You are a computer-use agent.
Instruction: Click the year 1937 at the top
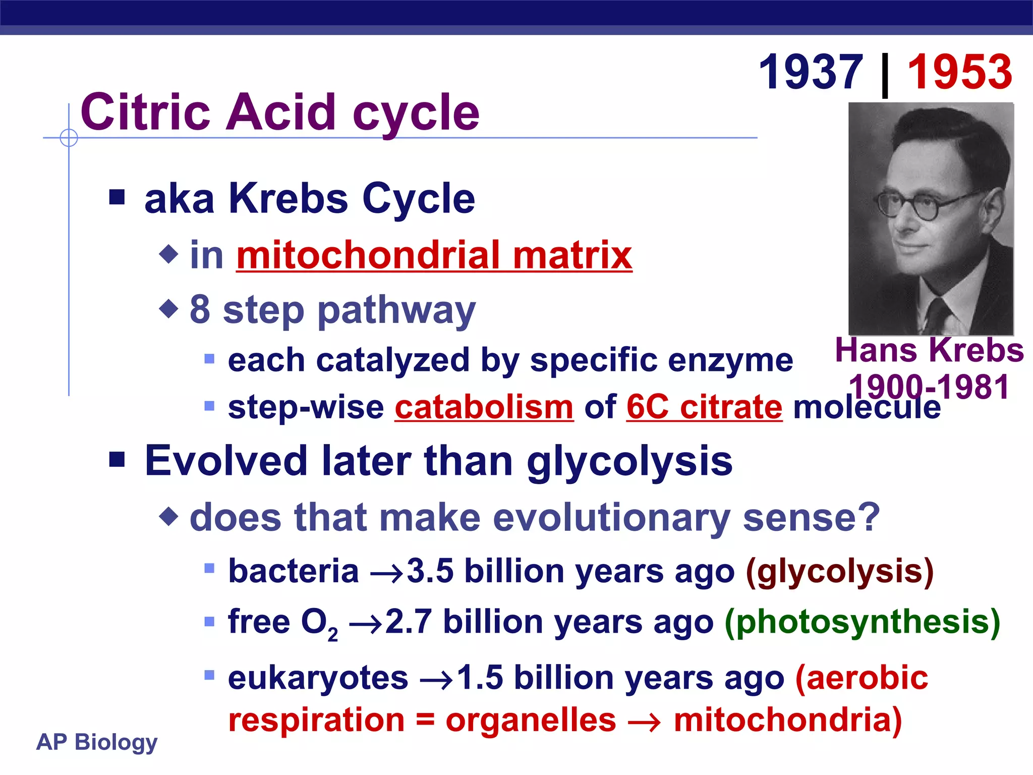click(x=811, y=73)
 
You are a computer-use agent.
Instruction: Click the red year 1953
click(x=959, y=73)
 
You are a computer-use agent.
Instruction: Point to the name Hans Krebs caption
click(x=929, y=350)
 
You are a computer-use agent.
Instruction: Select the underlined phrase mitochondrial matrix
click(x=434, y=255)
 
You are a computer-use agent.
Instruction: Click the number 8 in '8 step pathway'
click(x=200, y=309)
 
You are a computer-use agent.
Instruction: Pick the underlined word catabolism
click(x=484, y=407)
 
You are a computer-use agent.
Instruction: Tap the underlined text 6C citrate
click(x=704, y=407)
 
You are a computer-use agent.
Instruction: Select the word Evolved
click(x=226, y=461)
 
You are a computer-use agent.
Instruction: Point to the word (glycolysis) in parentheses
click(x=839, y=572)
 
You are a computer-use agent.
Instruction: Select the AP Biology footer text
click(x=97, y=742)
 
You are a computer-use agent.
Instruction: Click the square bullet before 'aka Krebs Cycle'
click(x=117, y=197)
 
